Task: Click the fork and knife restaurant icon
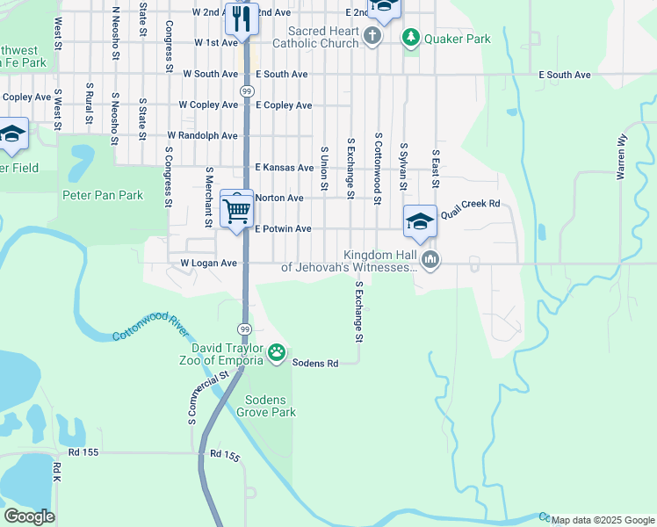[241, 18]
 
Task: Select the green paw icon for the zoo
[277, 353]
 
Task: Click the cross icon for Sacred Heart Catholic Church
[372, 36]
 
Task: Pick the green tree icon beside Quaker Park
[410, 37]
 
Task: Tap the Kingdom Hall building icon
[430, 258]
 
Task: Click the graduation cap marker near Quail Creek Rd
[420, 221]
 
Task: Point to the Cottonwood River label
[150, 333]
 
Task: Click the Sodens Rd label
[315, 363]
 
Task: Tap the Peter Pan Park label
[102, 195]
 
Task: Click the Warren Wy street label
[623, 156]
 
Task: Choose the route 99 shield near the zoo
[245, 328]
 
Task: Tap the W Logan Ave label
[209, 263]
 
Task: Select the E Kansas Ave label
[284, 167]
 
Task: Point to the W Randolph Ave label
[203, 136]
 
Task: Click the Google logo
[30, 516]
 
